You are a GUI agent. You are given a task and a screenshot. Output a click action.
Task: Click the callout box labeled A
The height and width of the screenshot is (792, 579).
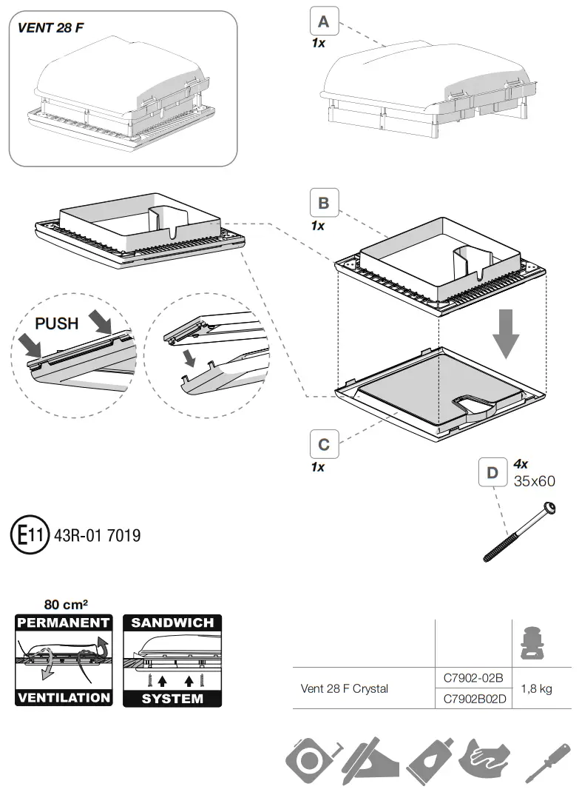tap(324, 21)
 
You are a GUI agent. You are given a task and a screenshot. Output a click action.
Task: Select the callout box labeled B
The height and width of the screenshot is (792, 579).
tap(324, 203)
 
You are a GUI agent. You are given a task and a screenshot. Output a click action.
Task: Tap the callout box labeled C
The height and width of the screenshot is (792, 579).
tap(324, 445)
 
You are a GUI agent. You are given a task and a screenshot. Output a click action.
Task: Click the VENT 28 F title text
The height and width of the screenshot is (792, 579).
tap(50, 29)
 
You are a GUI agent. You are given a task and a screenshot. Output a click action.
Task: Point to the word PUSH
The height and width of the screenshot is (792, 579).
tap(57, 324)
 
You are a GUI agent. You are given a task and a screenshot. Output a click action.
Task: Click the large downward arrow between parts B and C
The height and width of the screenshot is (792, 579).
tap(506, 333)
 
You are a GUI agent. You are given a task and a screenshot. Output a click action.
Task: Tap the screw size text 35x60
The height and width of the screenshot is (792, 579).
tap(534, 480)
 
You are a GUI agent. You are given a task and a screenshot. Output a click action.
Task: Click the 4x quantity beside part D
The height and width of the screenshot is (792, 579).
tap(521, 464)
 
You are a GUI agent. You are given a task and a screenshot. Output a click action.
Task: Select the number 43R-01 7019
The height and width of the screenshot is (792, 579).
tap(98, 534)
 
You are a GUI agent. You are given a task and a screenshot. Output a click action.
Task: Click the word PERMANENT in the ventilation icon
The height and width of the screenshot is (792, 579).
tap(64, 622)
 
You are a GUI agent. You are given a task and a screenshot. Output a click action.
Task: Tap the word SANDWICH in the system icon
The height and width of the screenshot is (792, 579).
tap(172, 622)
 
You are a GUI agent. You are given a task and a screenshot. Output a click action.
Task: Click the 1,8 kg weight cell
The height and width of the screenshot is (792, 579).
tap(537, 688)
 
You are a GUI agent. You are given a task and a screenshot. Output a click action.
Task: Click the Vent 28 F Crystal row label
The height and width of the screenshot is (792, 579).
tap(345, 688)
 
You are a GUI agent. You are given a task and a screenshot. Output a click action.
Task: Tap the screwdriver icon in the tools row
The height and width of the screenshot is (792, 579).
tap(546, 763)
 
